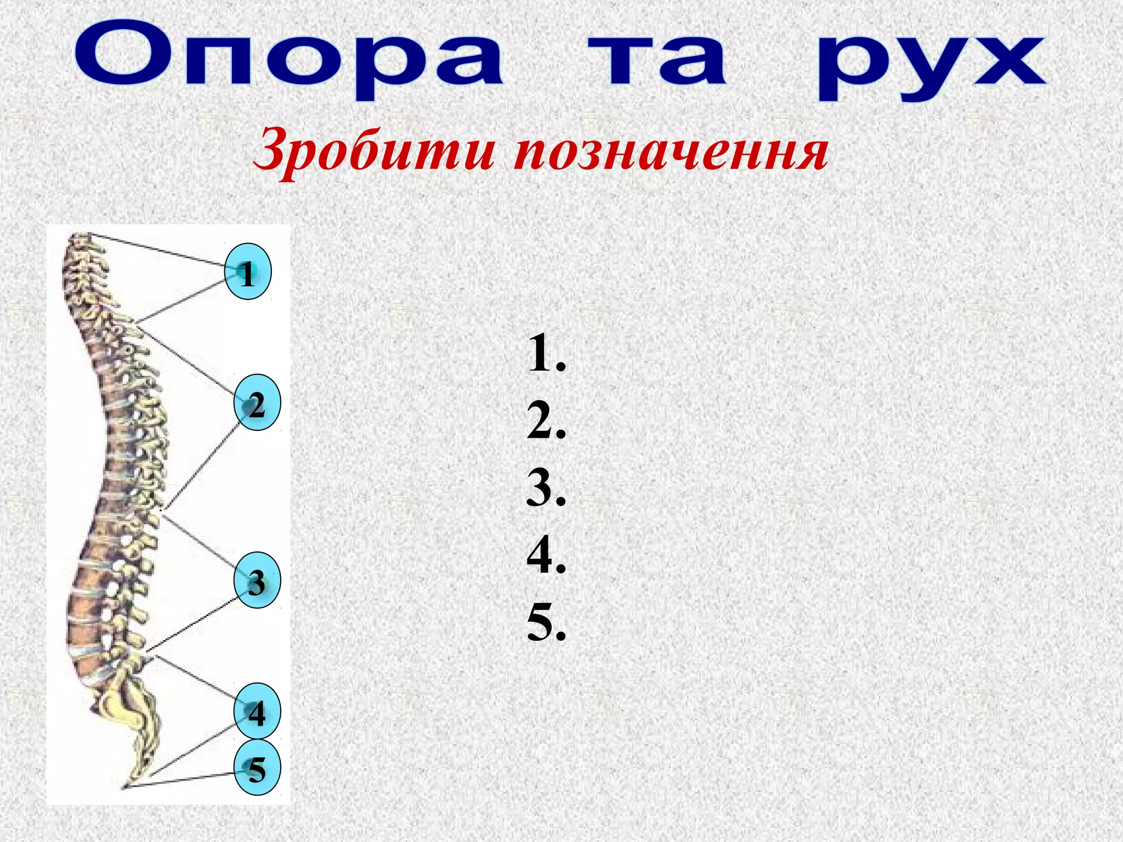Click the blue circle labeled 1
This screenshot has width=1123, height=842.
click(x=248, y=272)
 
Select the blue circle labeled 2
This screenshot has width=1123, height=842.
click(x=257, y=403)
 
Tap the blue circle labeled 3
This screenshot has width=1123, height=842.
click(x=257, y=581)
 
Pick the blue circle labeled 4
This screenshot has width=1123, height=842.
click(x=257, y=711)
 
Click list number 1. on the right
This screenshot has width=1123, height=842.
click(x=546, y=354)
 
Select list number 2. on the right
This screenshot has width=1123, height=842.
click(x=546, y=421)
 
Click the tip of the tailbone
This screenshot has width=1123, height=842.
click(x=125, y=787)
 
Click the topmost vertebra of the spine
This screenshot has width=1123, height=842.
click(x=82, y=238)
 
